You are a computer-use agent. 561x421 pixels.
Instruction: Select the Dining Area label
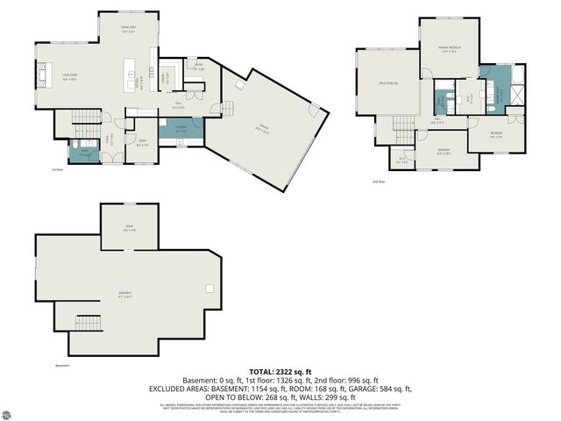pos(129,30)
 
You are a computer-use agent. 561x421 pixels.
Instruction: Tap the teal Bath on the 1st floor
pos(85,150)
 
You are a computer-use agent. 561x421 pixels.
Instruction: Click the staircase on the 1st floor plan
pos(85,118)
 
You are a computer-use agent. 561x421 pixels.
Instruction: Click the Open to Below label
pos(387,83)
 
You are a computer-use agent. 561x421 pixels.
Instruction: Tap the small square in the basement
pos(209,289)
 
